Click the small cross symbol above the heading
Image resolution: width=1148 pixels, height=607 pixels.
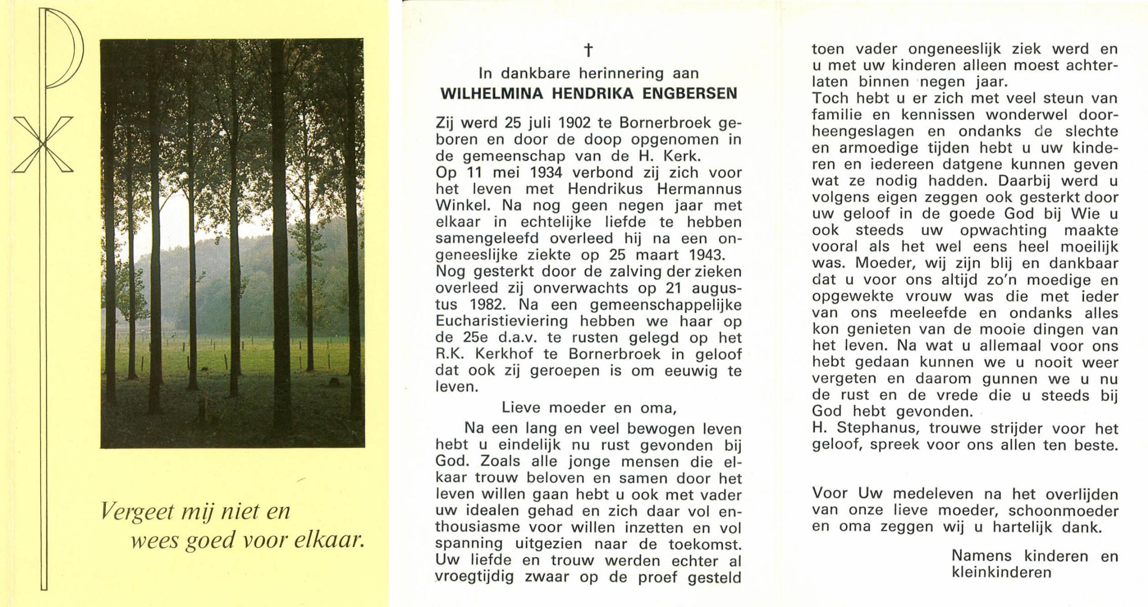[588, 50]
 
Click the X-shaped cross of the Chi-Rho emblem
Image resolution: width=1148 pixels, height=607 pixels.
[43, 145]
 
